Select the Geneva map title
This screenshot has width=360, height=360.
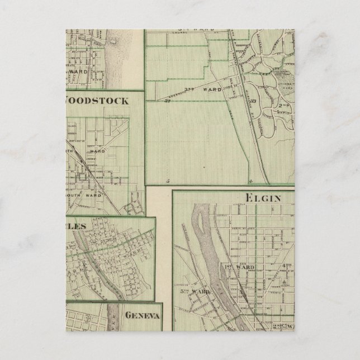(x=143, y=315)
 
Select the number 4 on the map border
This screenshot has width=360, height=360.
(x=251, y=181)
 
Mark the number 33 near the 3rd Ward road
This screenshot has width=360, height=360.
(x=166, y=101)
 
